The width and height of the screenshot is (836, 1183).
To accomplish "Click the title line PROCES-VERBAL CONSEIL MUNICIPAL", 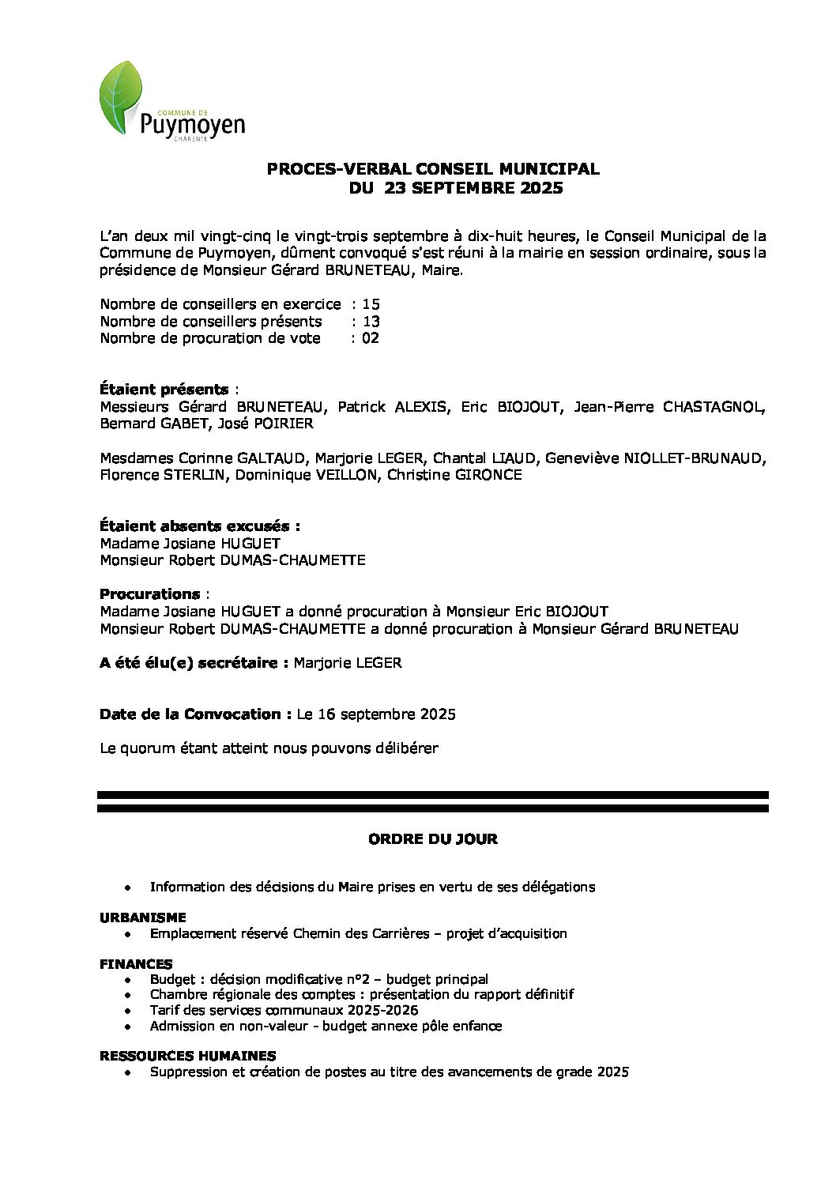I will tap(432, 168).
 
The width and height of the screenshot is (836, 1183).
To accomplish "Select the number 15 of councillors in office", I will tap(371, 304).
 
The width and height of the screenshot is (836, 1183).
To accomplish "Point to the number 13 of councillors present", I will tap(371, 322).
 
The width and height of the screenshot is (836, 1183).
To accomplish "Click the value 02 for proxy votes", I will tap(371, 338).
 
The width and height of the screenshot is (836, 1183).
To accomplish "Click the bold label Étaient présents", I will tap(164, 390).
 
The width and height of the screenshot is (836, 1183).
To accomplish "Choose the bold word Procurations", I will tap(149, 593).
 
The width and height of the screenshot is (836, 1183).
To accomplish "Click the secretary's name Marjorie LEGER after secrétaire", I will tap(348, 663).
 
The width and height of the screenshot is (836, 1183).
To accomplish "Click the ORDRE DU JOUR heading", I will tap(433, 839).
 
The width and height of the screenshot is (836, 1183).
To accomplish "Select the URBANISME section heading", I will tap(143, 917).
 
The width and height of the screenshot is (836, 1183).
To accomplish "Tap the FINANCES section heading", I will tap(136, 964).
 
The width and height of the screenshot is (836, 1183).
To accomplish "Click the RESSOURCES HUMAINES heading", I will tap(187, 1056).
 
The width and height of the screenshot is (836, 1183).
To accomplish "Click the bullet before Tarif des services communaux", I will tap(128, 1011).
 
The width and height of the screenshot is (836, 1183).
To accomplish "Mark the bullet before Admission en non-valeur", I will tap(128, 1027).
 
